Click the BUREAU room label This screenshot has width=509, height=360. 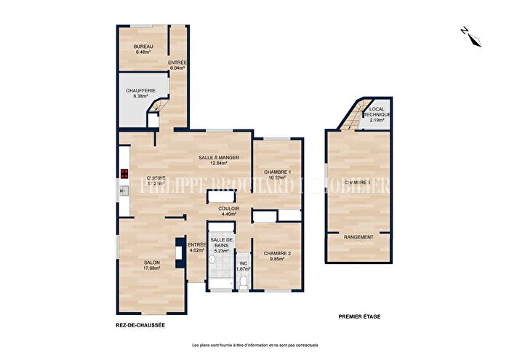(x=143, y=47)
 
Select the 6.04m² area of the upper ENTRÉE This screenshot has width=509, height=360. (x=177, y=70)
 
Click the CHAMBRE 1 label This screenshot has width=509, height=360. (x=277, y=171)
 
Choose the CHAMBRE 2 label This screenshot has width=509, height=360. (x=277, y=252)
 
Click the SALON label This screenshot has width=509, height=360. (x=151, y=263)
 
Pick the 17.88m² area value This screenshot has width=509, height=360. (x=151, y=268)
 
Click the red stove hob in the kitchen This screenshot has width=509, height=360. (x=124, y=174)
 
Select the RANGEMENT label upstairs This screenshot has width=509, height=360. (x=358, y=237)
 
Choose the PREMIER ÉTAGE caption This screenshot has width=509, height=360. (x=360, y=317)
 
